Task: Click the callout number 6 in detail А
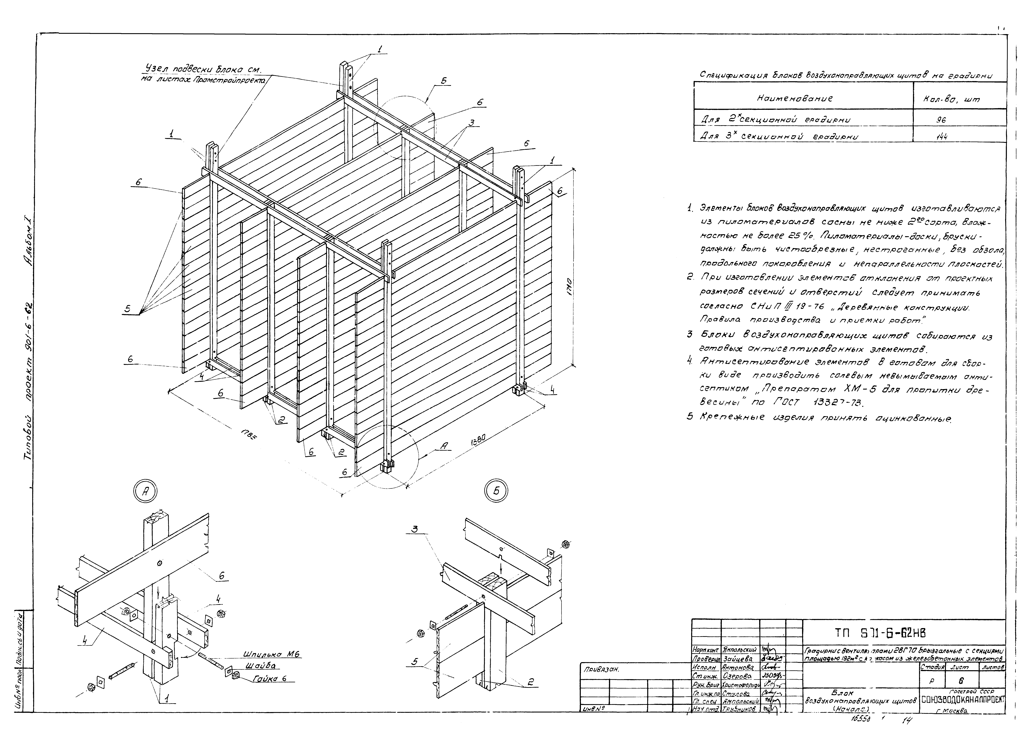pos(222,576)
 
